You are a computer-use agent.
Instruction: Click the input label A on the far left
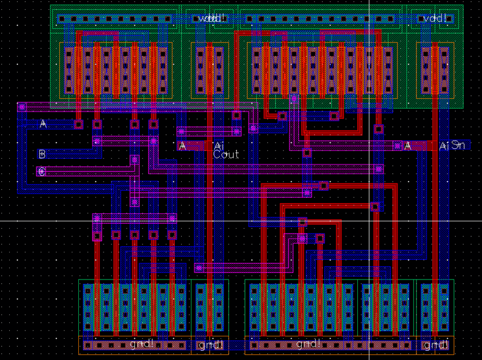(43, 124)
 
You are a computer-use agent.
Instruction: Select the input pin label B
(41, 154)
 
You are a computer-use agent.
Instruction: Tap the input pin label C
(41, 171)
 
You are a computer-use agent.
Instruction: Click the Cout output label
(226, 155)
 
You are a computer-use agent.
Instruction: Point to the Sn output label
(458, 145)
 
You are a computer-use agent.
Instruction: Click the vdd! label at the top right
(435, 19)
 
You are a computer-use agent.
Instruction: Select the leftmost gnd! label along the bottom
(141, 344)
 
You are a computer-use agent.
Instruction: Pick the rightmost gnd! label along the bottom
(435, 345)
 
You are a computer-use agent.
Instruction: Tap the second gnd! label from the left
(209, 345)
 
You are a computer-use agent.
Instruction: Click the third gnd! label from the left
(308, 344)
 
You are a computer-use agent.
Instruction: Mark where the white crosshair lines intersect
(369, 221)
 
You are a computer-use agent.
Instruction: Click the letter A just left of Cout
(183, 146)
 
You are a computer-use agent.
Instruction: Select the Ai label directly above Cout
(219, 146)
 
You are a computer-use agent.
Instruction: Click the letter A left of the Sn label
(408, 146)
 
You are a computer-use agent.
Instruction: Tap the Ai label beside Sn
(443, 146)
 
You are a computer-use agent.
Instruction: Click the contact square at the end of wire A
(79, 124)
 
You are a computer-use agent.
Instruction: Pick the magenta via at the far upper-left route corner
(22, 106)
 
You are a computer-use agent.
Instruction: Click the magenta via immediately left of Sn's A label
(397, 146)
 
